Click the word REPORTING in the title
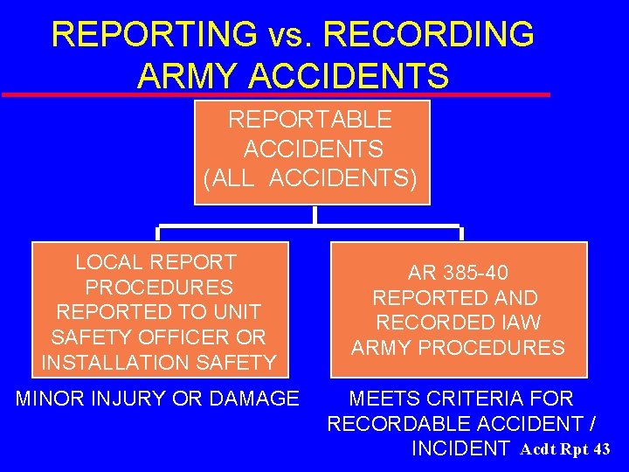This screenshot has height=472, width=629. (155, 35)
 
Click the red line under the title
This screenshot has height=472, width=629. (276, 94)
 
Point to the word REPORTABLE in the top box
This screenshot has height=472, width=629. (310, 119)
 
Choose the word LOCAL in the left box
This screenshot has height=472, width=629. (110, 262)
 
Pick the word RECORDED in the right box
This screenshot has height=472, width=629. (426, 323)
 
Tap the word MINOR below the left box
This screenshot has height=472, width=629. (51, 399)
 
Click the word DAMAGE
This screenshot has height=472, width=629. (255, 399)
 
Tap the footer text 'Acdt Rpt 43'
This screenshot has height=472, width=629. (565, 450)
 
